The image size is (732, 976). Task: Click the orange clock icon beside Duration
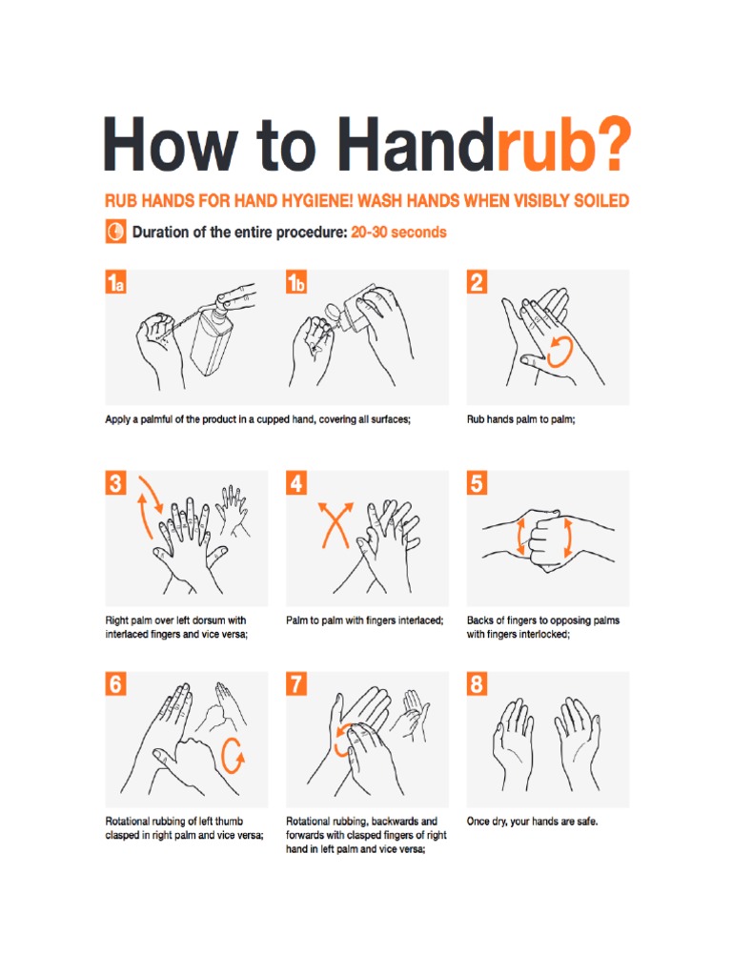click(x=114, y=232)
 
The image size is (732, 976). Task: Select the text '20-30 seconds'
click(x=398, y=232)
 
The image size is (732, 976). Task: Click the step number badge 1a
click(x=115, y=282)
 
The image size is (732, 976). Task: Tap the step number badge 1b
click(x=296, y=282)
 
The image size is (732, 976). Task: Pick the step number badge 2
click(x=477, y=282)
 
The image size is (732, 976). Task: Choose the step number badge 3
click(x=115, y=483)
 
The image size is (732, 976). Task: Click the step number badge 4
click(x=296, y=483)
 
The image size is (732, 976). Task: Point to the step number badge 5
click(x=477, y=483)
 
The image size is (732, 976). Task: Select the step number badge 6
click(x=115, y=684)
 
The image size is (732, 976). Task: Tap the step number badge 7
click(x=296, y=684)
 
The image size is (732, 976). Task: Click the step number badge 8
click(x=477, y=684)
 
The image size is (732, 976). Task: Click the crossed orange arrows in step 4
click(x=335, y=523)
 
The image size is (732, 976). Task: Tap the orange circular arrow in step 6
click(x=232, y=756)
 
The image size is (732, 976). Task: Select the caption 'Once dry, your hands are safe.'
click(x=532, y=821)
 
